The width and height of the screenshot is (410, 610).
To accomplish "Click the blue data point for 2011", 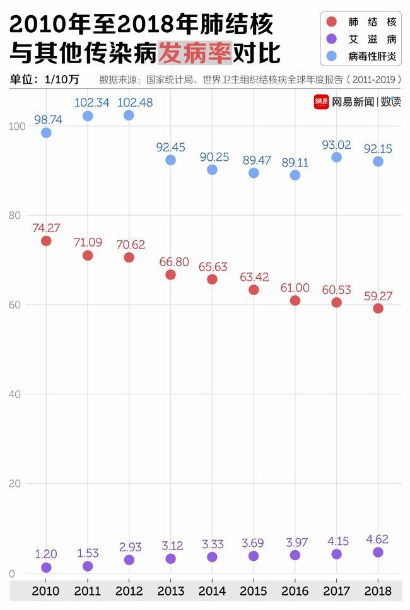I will [x=88, y=116].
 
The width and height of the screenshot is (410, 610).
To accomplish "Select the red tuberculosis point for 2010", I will [x=46, y=241].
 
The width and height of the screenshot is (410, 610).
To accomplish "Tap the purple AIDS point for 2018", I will [x=378, y=552].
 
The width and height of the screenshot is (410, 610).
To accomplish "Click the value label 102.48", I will [x=135, y=102].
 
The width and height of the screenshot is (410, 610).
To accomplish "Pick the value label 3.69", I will [x=254, y=542].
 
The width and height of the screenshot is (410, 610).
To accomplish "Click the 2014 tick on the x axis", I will [x=212, y=592].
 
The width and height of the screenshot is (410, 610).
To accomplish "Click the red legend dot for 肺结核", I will [x=332, y=22].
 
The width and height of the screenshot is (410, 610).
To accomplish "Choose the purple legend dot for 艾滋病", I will [x=332, y=39].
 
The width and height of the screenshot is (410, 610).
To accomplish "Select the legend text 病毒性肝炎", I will [x=373, y=57].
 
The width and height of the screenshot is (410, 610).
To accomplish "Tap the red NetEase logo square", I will [x=322, y=102].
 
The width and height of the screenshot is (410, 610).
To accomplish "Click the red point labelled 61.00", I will [x=295, y=300].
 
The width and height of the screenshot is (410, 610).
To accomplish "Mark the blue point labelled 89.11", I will [x=295, y=175].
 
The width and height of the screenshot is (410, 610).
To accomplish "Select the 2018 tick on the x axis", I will [x=378, y=592].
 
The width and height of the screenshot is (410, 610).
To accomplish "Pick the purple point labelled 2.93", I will [x=129, y=560].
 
